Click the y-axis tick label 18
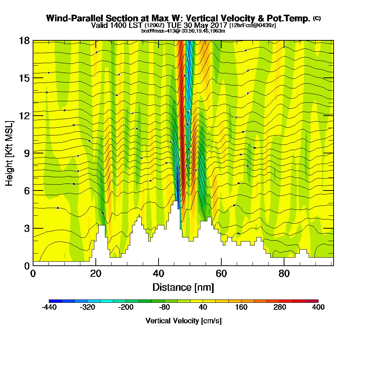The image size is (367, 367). [24, 40]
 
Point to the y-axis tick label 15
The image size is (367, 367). [24, 78]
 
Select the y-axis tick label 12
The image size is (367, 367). [24, 115]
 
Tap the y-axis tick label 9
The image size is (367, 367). [26, 153]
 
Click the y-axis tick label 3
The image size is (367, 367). [26, 228]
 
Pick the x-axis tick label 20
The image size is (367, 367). [95, 273]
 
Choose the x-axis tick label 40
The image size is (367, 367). [158, 273]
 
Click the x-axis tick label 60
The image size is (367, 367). [221, 273]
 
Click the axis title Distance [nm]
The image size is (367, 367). [183, 287]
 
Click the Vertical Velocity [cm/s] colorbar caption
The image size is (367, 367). [183, 321]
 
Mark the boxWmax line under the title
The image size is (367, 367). [183, 31]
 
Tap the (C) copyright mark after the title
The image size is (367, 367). [317, 18]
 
